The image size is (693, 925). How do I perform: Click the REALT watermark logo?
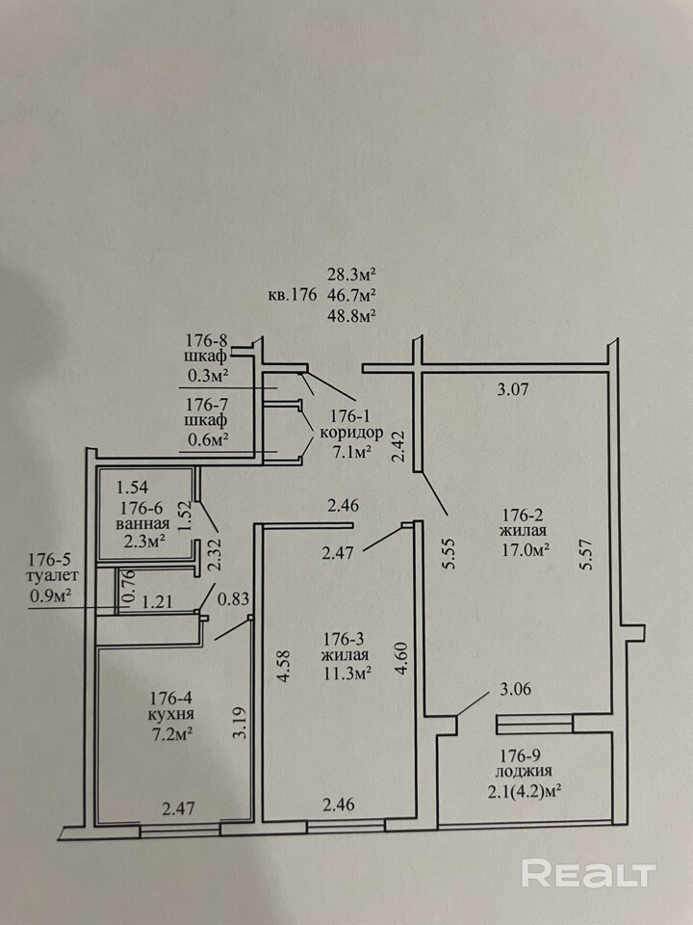[588, 874]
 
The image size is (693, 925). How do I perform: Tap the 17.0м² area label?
[525, 550]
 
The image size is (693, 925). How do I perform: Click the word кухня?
[173, 715]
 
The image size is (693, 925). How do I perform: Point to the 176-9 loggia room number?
[525, 753]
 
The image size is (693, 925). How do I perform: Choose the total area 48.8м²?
[351, 313]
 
